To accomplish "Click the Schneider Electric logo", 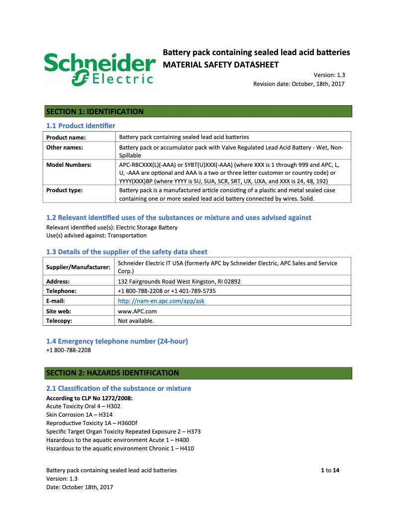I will pos(99,69).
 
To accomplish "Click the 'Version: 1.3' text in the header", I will pos(329,75).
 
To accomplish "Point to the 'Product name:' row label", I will pos(66,137).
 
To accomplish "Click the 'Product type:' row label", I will pos(64,190).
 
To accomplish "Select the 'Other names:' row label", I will pos(65,147).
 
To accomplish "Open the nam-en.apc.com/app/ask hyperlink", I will pos(161,301).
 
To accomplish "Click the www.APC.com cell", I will pos(137,311).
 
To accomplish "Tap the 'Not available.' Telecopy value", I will pos(136,321).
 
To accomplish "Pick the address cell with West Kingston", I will pos(179,281).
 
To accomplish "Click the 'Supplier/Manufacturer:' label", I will pos(78,267).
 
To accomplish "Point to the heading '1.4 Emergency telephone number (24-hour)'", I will pos(117,341).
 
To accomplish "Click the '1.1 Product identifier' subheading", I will pos(81,126).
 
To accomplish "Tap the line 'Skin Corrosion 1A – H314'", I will pos(79,415).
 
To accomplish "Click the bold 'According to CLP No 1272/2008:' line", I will pos(89,398).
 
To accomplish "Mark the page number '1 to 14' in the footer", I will pos(330,470).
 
